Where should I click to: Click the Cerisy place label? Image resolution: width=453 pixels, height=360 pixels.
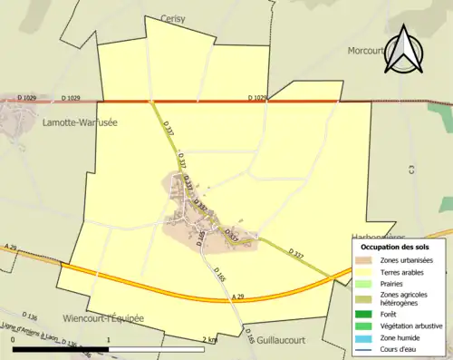coord(172,18)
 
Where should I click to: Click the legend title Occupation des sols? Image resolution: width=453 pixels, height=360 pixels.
coord(395,247)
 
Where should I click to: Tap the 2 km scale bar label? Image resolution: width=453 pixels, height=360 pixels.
coord(209,339)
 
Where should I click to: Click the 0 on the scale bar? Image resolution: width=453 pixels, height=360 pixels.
coord(13,339)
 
